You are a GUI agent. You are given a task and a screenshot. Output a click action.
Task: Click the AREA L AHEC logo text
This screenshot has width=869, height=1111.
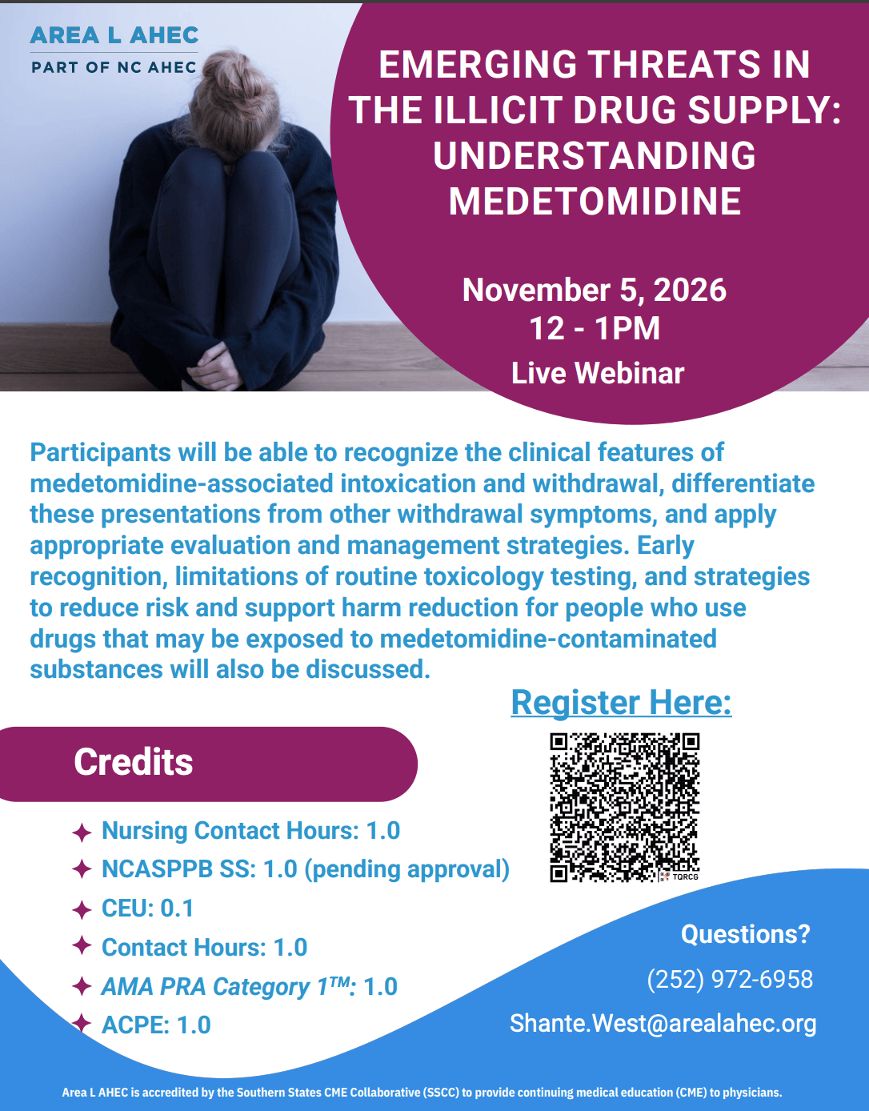click(x=114, y=35)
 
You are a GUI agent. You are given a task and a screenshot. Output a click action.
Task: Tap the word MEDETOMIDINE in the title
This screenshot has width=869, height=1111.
click(x=595, y=201)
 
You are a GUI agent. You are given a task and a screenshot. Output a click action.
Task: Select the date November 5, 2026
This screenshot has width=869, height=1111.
click(x=595, y=290)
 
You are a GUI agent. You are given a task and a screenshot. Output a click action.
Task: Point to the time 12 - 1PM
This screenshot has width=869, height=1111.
click(x=595, y=328)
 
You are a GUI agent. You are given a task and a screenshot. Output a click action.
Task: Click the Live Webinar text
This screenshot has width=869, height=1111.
click(x=598, y=373)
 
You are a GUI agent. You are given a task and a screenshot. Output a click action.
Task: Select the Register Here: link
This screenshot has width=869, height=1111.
click(x=621, y=702)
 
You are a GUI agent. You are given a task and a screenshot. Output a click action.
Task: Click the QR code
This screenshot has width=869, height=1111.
click(x=624, y=808)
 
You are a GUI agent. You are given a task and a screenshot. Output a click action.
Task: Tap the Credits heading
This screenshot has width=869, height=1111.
click(x=134, y=762)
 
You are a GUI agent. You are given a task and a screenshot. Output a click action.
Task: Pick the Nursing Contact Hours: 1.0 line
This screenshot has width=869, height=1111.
click(x=250, y=831)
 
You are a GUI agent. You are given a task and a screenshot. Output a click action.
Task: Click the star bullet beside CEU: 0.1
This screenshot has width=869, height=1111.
click(x=82, y=909)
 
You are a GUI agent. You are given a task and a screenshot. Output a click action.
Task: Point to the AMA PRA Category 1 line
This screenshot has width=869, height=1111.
click(x=250, y=986)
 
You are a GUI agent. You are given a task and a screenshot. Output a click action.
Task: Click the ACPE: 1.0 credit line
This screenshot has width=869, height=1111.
click(x=156, y=1025)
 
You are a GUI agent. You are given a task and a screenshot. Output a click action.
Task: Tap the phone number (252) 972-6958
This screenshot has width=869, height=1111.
click(x=730, y=980)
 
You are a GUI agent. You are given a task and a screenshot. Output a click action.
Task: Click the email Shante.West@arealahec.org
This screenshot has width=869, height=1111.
click(x=663, y=1024)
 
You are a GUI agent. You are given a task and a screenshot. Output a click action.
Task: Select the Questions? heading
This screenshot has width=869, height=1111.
click(x=746, y=934)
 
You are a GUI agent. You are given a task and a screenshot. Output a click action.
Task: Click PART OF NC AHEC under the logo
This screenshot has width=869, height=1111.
click(x=114, y=67)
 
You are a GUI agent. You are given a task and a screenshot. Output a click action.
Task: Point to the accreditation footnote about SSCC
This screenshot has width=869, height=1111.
click(x=422, y=1092)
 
